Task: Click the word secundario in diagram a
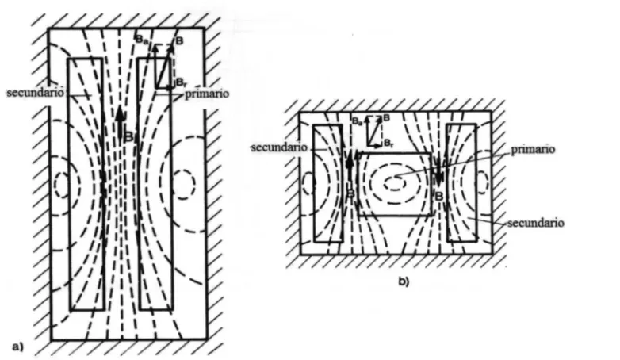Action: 35,93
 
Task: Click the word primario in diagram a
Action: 207,94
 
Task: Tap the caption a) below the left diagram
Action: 18,347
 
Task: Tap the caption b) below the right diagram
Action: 404,281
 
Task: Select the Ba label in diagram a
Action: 140,39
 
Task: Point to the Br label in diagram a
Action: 180,82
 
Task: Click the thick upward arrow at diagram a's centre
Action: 121,122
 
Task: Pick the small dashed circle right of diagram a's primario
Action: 183,184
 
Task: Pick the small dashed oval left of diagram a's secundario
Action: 62,184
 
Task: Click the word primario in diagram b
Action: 533,150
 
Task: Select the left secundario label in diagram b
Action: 280,147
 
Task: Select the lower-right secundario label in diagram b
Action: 536,223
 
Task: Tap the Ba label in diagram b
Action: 356,121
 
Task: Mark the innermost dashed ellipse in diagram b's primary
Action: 395,183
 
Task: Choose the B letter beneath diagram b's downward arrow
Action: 439,196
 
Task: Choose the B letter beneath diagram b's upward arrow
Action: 350,193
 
